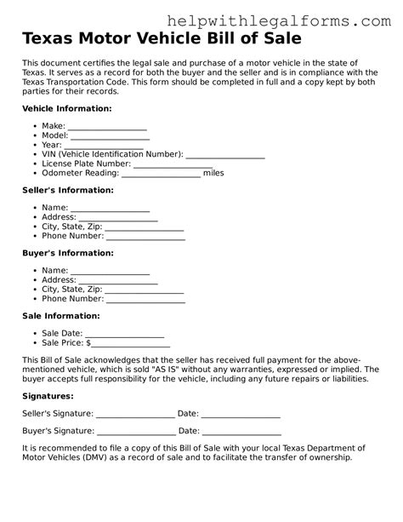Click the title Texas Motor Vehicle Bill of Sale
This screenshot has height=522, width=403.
point(161,39)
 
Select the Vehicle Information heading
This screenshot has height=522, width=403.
point(66,110)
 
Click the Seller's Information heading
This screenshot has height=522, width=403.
point(67,190)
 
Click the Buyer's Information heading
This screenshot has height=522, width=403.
point(67,253)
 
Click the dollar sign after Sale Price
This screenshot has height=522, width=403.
point(88,343)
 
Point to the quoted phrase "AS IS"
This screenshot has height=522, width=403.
point(189,370)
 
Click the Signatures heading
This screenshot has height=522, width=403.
point(48,396)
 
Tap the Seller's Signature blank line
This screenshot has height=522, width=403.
point(135,416)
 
